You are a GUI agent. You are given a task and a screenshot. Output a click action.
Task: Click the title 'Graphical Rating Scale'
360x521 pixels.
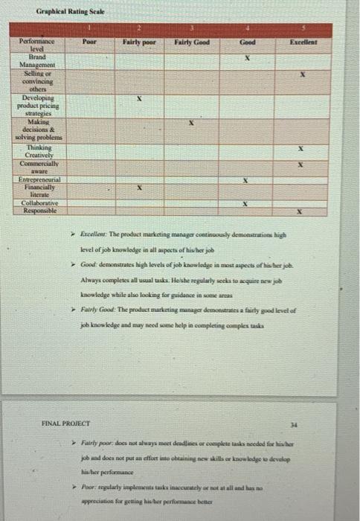click(70, 13)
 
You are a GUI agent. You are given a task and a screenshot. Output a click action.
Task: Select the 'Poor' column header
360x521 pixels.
click(89, 42)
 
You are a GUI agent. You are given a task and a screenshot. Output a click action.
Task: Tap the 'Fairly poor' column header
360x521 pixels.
click(138, 42)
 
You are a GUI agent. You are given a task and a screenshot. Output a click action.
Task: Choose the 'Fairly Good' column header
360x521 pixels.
click(191, 42)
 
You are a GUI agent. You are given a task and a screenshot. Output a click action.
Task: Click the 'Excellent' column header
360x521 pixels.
click(303, 42)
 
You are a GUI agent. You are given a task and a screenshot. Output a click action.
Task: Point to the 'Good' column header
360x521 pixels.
click(247, 42)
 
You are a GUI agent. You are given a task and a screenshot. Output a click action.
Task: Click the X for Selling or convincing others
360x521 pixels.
click(303, 75)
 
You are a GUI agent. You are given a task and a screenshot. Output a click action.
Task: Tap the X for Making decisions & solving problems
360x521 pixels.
click(191, 124)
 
